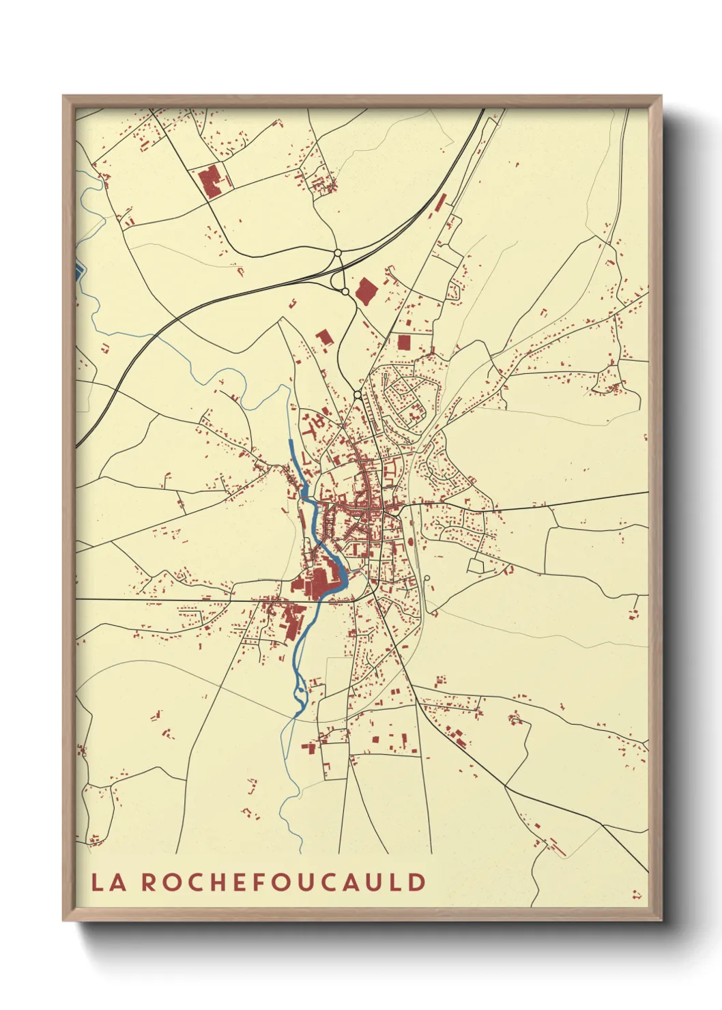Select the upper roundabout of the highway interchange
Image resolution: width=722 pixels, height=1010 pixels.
[x=337, y=253]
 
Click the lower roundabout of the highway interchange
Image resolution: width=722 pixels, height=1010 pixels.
[x=345, y=291]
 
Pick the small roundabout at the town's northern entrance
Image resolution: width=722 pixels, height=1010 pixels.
[x=358, y=395]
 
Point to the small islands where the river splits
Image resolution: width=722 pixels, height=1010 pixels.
[x=300, y=693]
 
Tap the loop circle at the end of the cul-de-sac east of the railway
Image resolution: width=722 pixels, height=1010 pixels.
[x=427, y=579]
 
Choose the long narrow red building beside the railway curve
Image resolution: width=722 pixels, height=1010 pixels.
[x=441, y=201]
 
